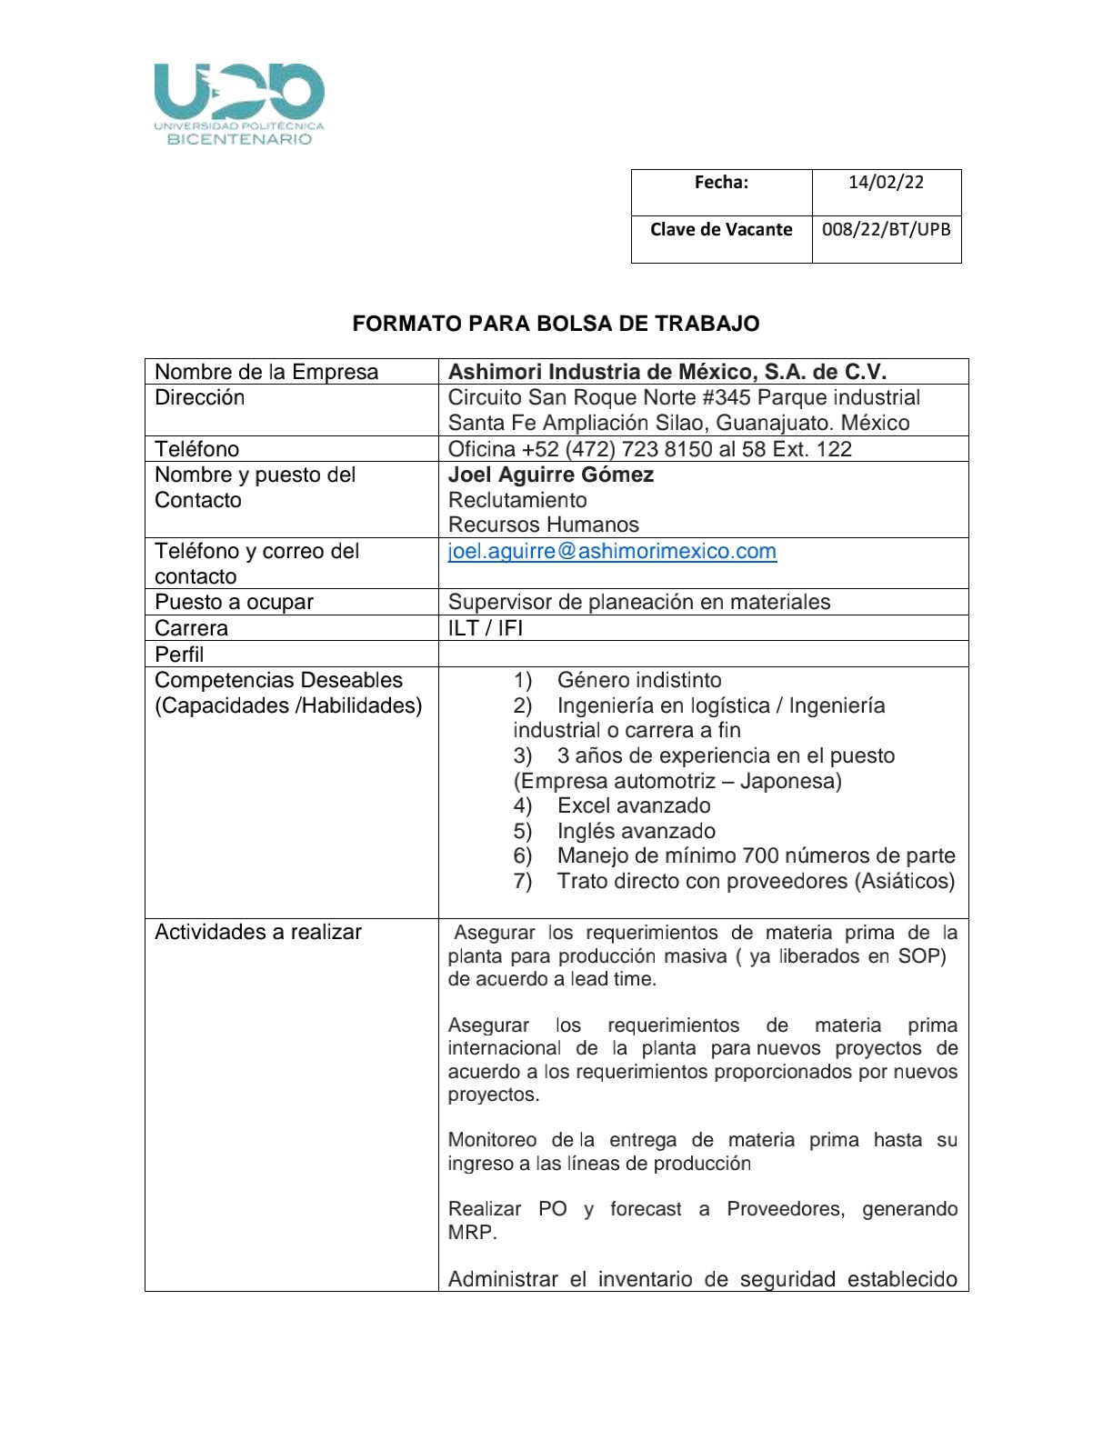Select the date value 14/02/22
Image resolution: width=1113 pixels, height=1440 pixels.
pyautogui.click(x=886, y=183)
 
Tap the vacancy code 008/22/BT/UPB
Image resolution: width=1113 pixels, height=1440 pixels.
pyautogui.click(x=886, y=230)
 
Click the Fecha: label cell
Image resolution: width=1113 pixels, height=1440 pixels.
pyautogui.click(x=721, y=183)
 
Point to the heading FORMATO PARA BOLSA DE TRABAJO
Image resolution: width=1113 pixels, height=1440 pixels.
pyautogui.click(x=556, y=324)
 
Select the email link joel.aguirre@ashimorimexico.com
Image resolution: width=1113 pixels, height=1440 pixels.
pyautogui.click(x=612, y=552)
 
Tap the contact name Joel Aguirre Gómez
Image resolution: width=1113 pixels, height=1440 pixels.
pyautogui.click(x=550, y=475)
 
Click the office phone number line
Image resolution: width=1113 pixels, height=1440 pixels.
pyautogui.click(x=649, y=449)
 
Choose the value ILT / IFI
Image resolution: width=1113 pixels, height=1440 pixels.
pyautogui.click(x=485, y=628)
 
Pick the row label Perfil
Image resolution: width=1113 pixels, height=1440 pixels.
pyautogui.click(x=179, y=655)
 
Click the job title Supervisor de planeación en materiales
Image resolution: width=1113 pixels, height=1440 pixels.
pyautogui.click(x=638, y=602)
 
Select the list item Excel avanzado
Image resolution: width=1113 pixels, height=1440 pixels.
pyautogui.click(x=634, y=805)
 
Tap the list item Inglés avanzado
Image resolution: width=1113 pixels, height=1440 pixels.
pyautogui.click(x=636, y=831)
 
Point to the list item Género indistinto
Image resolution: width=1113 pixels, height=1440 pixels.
pyautogui.click(x=639, y=680)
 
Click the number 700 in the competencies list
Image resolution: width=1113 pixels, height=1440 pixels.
pyautogui.click(x=760, y=855)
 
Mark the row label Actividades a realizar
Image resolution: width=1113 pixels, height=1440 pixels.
pyautogui.click(x=258, y=932)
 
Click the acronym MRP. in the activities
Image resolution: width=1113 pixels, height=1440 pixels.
pyautogui.click(x=472, y=1233)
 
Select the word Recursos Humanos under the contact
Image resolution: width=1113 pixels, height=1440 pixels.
pyautogui.click(x=543, y=525)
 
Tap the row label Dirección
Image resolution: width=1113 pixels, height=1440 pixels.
pyautogui.click(x=199, y=397)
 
